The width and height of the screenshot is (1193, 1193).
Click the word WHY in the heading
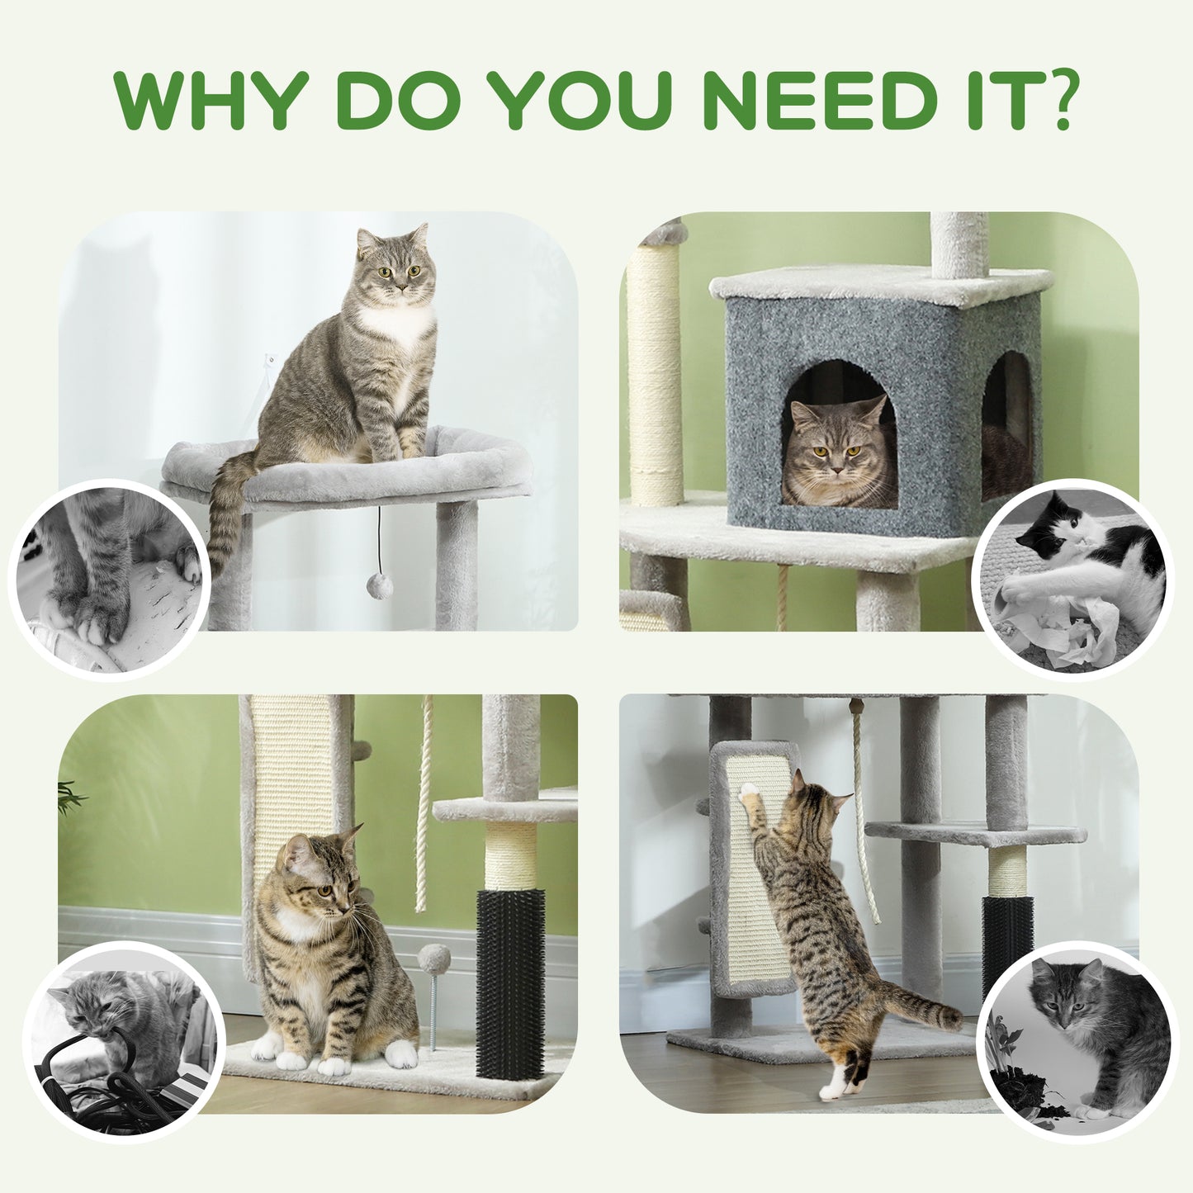tap(211, 101)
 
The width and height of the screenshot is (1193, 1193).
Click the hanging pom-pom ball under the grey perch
tap(379, 586)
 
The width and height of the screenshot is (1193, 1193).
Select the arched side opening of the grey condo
tap(1006, 425)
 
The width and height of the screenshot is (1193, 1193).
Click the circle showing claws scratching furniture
tap(111, 578)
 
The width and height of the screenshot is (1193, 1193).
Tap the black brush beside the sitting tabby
tap(510, 982)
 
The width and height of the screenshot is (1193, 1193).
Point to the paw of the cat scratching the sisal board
tap(749, 793)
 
